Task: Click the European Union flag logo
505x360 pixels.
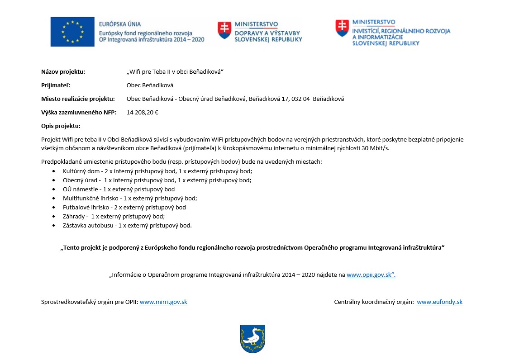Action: [72, 32]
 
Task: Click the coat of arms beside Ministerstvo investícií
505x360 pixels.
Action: [342, 28]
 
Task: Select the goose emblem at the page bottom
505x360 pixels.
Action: [252, 339]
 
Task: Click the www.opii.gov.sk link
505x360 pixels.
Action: [371, 275]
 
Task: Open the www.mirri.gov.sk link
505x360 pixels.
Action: [163, 302]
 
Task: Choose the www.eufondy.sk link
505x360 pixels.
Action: [439, 302]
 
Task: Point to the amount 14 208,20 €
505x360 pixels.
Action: [142, 112]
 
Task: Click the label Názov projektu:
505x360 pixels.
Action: [63, 71]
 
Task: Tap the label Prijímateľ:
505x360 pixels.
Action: [56, 85]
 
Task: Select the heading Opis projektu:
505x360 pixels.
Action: [61, 126]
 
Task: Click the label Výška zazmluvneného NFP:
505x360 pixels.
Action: [79, 112]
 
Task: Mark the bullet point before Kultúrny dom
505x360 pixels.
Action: [54, 171]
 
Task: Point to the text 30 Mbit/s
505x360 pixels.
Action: [379, 148]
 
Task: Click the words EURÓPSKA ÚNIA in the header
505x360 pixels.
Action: [120, 24]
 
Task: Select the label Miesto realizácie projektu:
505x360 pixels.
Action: [78, 99]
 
